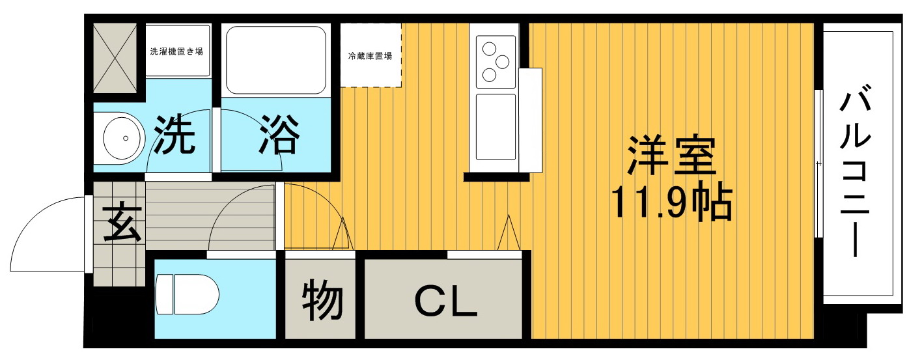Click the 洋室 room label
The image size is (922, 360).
coord(671,154)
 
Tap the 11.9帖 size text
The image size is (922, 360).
coord(671,203)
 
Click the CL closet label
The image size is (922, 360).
coord(445,301)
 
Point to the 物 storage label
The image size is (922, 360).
coord(322,300)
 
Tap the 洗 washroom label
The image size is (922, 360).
coord(174,135)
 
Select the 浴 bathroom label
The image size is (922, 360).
coord(280,135)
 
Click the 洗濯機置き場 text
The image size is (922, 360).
coord(176,51)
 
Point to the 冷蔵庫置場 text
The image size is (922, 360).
coord(370,56)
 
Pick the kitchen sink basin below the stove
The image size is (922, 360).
coord(496,127)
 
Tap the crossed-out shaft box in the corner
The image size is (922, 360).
coord(115,58)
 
